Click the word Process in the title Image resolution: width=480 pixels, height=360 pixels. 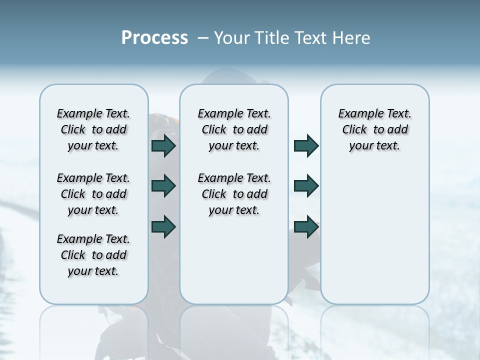pos(154,38)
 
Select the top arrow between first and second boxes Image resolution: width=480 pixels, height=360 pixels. pos(163,145)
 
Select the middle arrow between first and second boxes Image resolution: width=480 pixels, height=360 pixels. pos(163,186)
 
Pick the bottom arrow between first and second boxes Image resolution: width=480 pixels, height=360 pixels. pos(163,226)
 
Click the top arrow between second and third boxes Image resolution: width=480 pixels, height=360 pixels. pos(306,145)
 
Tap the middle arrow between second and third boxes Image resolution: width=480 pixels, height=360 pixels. pos(306,186)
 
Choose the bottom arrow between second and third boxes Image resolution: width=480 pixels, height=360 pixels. pos(306,226)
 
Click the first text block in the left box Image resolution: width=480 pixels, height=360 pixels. pos(93,129)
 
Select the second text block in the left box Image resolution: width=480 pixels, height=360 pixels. pos(93,194)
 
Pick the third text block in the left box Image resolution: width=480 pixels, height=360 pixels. pos(93,255)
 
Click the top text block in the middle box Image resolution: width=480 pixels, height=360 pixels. pos(234,129)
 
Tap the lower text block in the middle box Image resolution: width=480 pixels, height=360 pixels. pos(234,194)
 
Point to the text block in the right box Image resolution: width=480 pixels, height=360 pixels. pos(374,129)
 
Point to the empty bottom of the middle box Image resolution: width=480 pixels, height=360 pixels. pos(234,265)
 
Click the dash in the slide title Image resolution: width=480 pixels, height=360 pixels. pos(203,38)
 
